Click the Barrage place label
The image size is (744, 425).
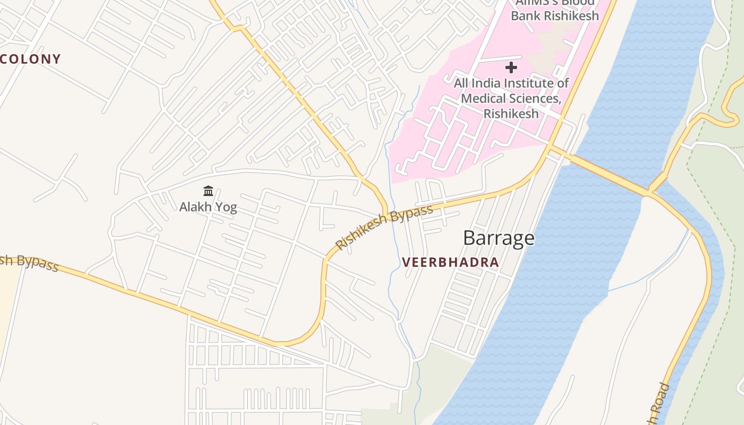(x=498, y=238)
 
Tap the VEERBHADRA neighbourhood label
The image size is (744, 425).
(x=450, y=262)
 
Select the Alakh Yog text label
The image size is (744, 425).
(x=208, y=207)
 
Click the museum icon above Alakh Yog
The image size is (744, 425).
(x=208, y=191)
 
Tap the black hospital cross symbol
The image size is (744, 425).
(x=511, y=67)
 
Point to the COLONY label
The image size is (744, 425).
(x=30, y=59)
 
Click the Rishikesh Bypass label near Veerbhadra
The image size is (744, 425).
(x=384, y=227)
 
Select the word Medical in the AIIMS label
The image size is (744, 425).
(x=483, y=98)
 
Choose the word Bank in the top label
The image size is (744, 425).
(x=526, y=15)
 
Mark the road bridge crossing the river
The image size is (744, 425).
(x=606, y=173)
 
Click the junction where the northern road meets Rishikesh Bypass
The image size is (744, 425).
(x=385, y=215)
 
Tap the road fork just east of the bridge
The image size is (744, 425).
(x=649, y=192)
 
